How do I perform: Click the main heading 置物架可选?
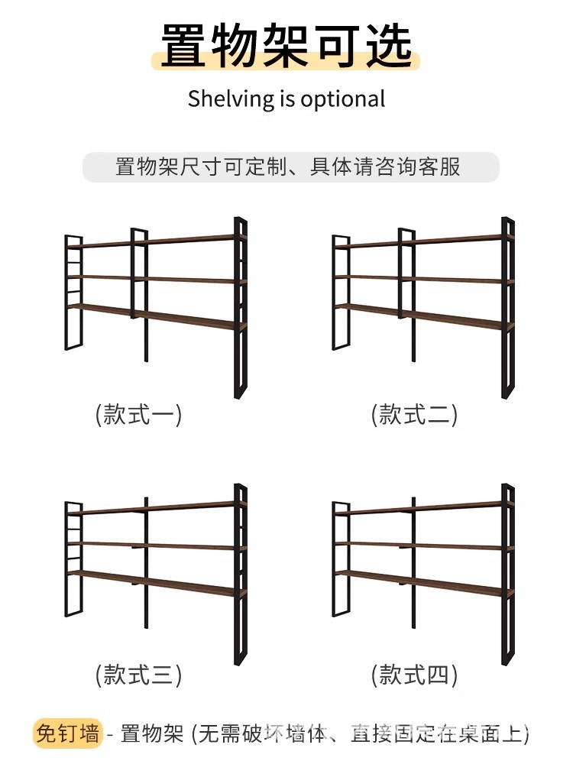tap(286, 46)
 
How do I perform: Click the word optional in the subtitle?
tap(343, 100)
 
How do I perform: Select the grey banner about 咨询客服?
tap(290, 167)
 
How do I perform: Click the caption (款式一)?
tap(138, 415)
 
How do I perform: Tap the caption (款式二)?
tap(414, 415)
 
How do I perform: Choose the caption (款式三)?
tap(138, 675)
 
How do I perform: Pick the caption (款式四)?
tap(414, 675)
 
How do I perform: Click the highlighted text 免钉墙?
tap(66, 735)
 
